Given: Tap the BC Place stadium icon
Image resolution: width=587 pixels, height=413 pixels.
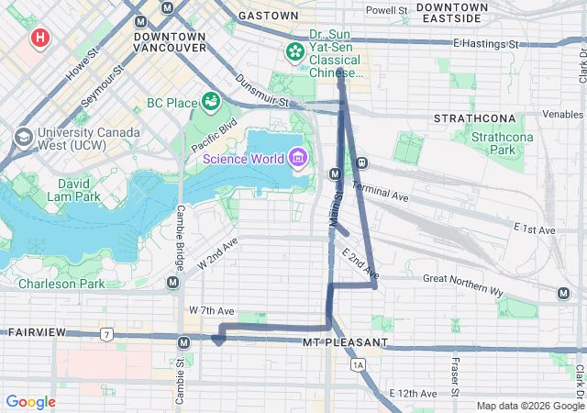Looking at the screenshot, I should (211, 99).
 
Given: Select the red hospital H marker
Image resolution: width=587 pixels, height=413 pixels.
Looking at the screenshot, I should (40, 39).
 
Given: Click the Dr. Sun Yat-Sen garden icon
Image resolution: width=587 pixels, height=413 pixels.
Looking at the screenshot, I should (295, 51).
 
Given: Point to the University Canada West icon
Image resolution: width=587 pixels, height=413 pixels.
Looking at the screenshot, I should (23, 138).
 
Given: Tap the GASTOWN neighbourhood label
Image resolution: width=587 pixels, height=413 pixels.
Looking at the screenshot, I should (268, 16).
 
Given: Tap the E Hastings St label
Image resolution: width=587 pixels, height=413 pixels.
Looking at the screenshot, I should (486, 43).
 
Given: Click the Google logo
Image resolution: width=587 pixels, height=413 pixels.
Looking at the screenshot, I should (30, 402).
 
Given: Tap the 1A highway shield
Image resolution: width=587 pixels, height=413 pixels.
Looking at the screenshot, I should (358, 365).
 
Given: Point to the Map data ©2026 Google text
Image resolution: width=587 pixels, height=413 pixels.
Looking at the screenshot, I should (529, 406).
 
